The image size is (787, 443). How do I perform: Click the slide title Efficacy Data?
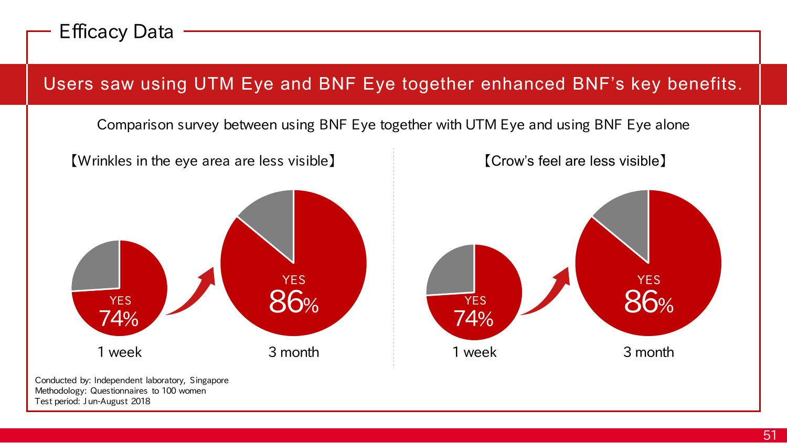(116, 32)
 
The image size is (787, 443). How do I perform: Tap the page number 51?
(770, 435)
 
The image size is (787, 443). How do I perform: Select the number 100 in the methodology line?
(169, 391)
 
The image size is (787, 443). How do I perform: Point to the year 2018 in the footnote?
(141, 401)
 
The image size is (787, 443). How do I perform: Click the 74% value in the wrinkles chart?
(119, 319)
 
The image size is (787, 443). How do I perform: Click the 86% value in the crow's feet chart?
(648, 302)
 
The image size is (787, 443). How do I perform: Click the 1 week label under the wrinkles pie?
(120, 352)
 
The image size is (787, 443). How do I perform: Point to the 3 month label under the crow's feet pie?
(648, 352)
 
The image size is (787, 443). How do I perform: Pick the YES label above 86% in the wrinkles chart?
(294, 280)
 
